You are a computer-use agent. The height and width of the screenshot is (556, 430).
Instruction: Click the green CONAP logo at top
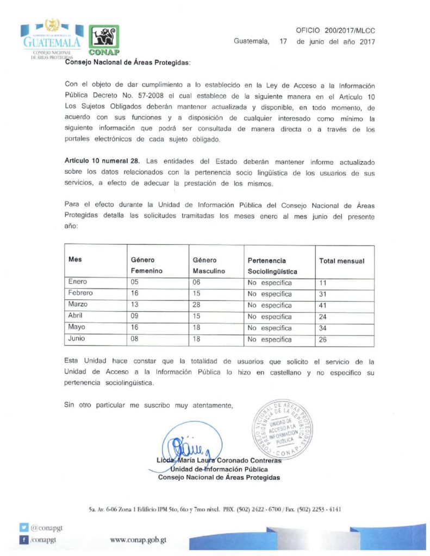pos(103,40)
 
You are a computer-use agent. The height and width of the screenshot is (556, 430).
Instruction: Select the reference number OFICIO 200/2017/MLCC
pos(335,31)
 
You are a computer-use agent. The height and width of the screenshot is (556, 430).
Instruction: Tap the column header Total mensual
pos(341,261)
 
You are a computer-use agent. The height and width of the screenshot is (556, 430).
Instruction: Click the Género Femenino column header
pos(147,266)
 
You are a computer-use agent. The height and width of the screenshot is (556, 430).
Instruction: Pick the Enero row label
pos(78,282)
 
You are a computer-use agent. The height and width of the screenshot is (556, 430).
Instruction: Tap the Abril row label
pos(76,317)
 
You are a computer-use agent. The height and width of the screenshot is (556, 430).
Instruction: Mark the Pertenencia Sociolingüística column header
pos(273,266)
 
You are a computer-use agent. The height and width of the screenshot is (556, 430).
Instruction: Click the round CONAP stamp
pos(282,429)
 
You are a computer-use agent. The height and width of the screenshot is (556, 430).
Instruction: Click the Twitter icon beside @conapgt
pos(23,527)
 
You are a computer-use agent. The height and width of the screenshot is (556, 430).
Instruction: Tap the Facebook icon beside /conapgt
pos(23,540)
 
